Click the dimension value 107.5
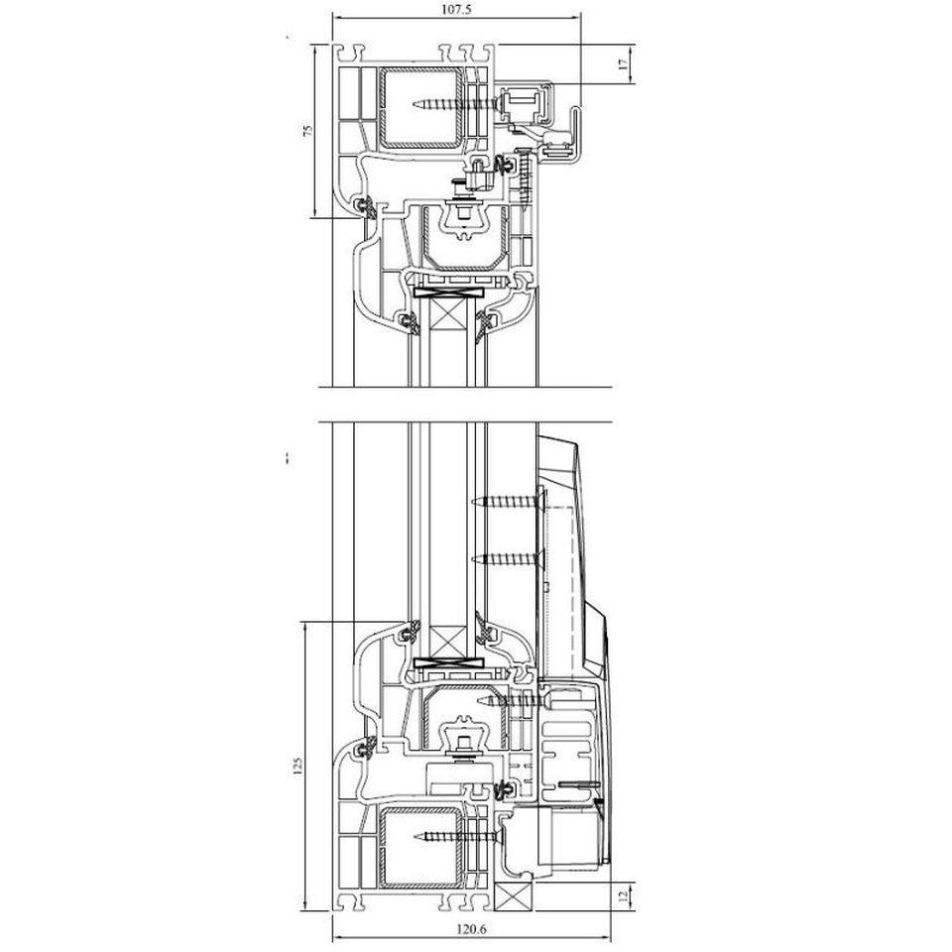456,9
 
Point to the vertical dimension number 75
308,131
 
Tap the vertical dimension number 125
297,767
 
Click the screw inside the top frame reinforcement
456,104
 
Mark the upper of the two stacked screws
505,502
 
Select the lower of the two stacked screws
505,559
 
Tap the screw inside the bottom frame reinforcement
459,837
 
